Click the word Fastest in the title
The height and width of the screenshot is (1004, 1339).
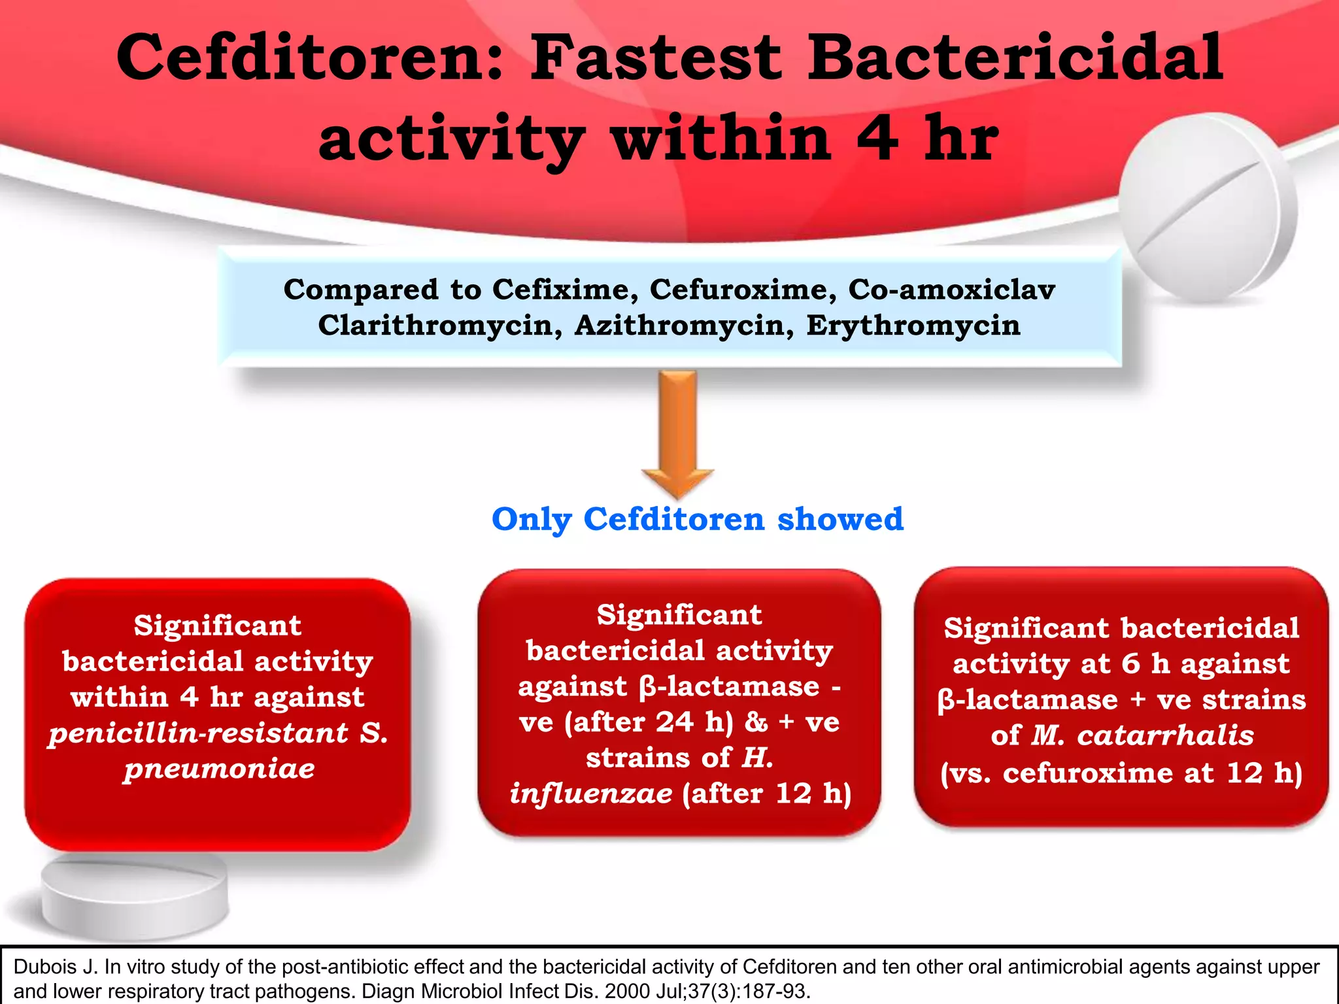tap(656, 59)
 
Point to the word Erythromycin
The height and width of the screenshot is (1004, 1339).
tap(913, 326)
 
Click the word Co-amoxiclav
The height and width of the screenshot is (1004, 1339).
tap(951, 290)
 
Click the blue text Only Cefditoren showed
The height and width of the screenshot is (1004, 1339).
tap(697, 520)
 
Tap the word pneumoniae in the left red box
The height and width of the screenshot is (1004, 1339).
tap(220, 769)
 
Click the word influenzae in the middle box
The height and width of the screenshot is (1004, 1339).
tap(591, 794)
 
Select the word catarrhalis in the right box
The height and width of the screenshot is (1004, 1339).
tap(1165, 735)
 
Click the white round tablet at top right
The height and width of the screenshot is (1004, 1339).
tap(1207, 208)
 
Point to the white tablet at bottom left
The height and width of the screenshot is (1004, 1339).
tap(135, 896)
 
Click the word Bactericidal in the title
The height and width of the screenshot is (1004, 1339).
tap(1015, 59)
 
